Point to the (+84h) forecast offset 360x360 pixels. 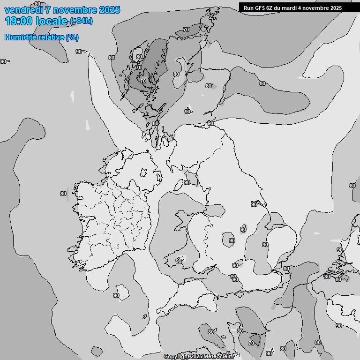pyautogui.click(x=81, y=21)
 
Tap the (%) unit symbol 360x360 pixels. pyautogui.click(x=72, y=37)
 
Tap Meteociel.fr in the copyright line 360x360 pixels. pyautogui.click(x=219, y=357)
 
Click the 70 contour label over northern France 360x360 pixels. pyautogui.click(x=251, y=343)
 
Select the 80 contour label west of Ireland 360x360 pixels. pyautogui.click(x=63, y=194)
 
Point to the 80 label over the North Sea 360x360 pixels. pyautogui.click(x=262, y=83)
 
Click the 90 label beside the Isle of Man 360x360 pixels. pyautogui.click(x=187, y=182)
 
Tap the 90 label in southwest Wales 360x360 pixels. pyautogui.click(x=179, y=261)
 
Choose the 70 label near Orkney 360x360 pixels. pyautogui.click(x=186, y=30)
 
